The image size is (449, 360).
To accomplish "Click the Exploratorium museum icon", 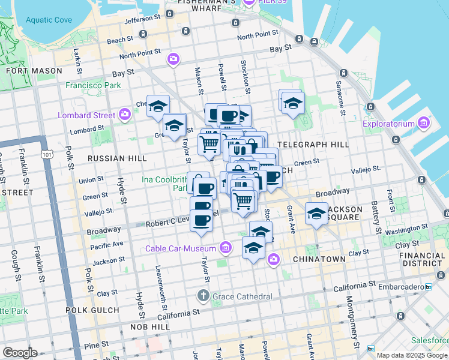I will (x=424, y=124).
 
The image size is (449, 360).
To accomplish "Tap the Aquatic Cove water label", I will (x=49, y=20).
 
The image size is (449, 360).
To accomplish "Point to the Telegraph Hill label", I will (x=321, y=145).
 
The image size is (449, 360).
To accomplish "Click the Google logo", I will (x=20, y=352).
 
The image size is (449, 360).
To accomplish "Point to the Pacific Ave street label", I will (x=107, y=244).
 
